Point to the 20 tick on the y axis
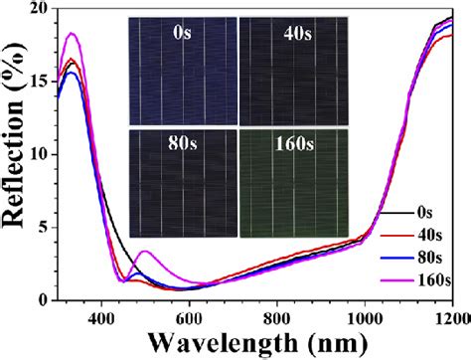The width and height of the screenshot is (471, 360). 37,9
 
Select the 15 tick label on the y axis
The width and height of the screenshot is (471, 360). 37,83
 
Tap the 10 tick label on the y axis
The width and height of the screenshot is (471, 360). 37,155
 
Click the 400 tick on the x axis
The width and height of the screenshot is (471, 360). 100,317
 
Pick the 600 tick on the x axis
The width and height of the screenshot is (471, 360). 189,317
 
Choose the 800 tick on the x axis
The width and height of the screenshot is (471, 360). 276,317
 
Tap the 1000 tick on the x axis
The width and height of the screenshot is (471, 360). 364,317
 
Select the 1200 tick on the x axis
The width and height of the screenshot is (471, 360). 448,317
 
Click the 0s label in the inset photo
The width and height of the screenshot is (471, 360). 182,33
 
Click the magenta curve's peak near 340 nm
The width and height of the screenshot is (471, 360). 72,34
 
